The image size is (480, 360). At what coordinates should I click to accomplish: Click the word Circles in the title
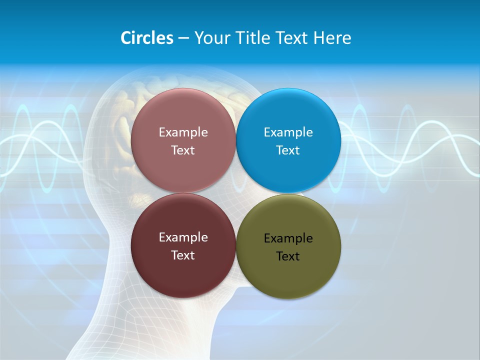click(x=147, y=38)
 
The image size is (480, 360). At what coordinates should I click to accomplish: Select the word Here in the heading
click(x=332, y=38)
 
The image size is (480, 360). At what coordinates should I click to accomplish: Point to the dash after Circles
click(x=183, y=38)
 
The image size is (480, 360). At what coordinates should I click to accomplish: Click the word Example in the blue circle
click(x=288, y=132)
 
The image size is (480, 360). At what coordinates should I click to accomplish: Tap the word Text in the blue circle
click(x=288, y=150)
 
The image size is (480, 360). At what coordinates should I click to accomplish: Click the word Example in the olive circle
click(x=288, y=238)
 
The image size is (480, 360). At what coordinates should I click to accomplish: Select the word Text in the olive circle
click(x=288, y=256)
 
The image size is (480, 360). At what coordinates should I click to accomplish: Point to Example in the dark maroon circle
click(x=183, y=237)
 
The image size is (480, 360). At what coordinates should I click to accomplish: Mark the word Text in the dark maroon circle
click(x=183, y=255)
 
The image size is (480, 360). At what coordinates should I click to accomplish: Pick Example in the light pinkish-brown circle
click(x=183, y=132)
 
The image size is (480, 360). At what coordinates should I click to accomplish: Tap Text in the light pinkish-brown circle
click(x=183, y=150)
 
